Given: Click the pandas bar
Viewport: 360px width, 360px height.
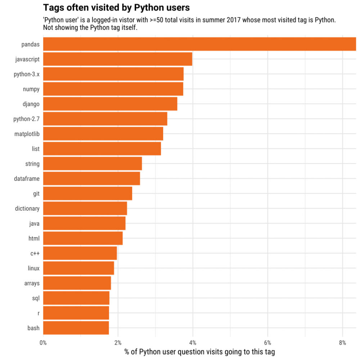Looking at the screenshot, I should tap(199, 44).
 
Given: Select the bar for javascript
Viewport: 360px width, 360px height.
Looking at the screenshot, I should tap(117, 59).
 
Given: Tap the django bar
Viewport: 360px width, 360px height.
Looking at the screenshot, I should tap(110, 104).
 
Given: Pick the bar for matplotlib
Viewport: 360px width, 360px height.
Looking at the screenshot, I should tap(103, 134).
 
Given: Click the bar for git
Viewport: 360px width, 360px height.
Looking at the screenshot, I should tap(87, 194).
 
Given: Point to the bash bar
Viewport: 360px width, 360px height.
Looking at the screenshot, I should tap(76, 328).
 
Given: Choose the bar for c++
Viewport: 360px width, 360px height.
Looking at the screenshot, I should tap(80, 253).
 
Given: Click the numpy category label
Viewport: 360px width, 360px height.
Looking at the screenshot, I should tap(31, 89).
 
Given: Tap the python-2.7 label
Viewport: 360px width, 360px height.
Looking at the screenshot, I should tap(26, 119).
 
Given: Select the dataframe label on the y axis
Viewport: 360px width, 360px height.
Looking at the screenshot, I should tap(27, 179).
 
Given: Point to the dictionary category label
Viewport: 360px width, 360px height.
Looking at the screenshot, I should tap(27, 208).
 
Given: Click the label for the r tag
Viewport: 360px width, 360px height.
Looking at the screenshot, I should tap(38, 313).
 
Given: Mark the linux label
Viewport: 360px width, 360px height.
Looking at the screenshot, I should tap(33, 268).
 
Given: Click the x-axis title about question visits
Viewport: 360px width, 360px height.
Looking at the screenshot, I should tap(200, 352).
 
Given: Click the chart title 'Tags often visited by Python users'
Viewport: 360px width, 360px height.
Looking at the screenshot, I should tap(116, 7).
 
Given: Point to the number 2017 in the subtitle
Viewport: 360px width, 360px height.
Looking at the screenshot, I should tap(233, 20).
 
